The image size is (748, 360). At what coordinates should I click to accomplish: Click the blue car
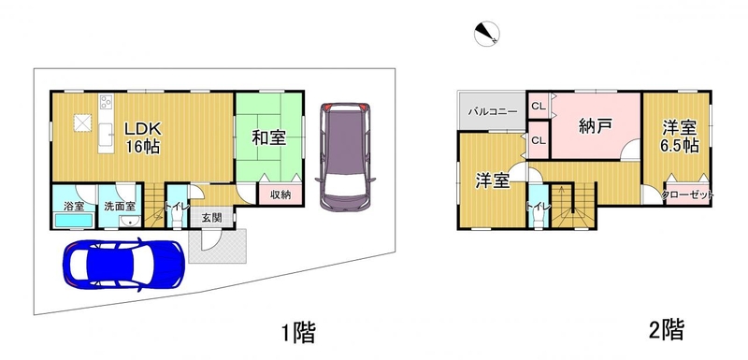(123, 265)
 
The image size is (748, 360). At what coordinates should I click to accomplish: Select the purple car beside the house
(345, 157)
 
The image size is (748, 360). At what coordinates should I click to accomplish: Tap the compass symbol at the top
(486, 35)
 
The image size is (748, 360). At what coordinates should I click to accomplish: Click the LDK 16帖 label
(143, 137)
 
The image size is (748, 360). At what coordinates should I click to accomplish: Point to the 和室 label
(269, 137)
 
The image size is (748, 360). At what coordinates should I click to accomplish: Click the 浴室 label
(74, 207)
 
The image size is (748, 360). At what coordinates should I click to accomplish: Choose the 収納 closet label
(280, 195)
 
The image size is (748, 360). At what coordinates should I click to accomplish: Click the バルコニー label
(492, 112)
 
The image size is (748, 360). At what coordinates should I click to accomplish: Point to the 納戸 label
(595, 126)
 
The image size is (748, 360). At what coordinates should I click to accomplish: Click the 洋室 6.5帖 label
(680, 137)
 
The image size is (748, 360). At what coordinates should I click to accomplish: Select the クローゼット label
(687, 195)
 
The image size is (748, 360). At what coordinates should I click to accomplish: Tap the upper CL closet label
(539, 107)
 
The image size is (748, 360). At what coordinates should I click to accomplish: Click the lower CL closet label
(539, 140)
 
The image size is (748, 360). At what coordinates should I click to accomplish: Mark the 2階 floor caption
(667, 329)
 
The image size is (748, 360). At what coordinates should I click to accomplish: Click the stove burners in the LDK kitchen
(106, 101)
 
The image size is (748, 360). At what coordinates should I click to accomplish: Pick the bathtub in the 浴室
(74, 221)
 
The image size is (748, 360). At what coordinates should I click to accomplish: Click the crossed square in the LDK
(83, 123)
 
